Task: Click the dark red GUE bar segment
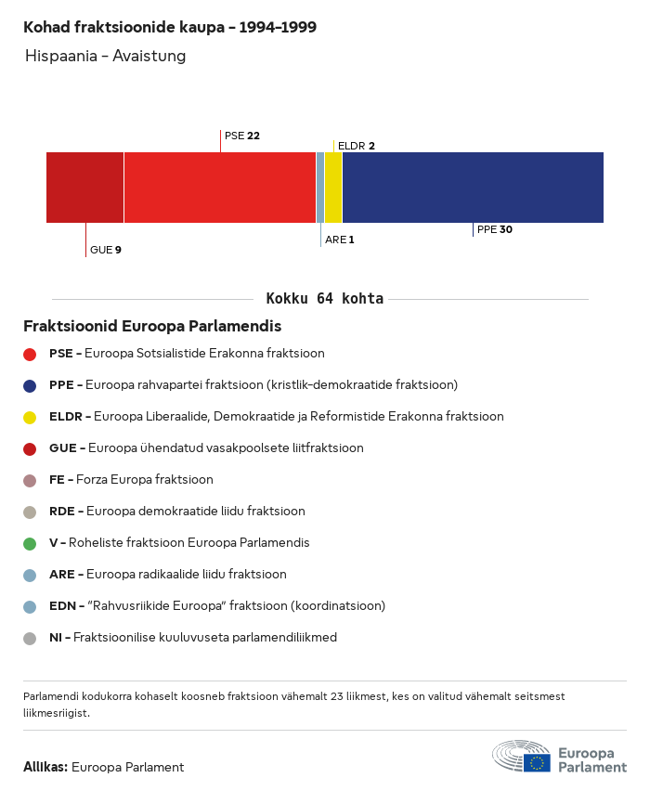(84, 188)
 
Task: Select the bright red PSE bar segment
(219, 188)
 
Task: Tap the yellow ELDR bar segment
(333, 188)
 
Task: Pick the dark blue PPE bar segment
(473, 188)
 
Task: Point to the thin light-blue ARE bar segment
(320, 188)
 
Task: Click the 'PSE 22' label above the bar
(242, 136)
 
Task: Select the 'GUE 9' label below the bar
(106, 250)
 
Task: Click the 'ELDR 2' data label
(357, 146)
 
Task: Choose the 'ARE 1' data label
(340, 240)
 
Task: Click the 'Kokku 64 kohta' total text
(325, 299)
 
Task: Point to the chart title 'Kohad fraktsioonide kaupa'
(170, 27)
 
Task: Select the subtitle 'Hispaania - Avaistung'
(106, 56)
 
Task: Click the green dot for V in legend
(30, 543)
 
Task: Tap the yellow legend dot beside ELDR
(30, 417)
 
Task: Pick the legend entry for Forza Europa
(131, 480)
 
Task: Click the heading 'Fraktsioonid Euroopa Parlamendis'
(152, 327)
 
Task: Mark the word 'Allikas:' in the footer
(45, 767)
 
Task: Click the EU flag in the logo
(537, 762)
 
